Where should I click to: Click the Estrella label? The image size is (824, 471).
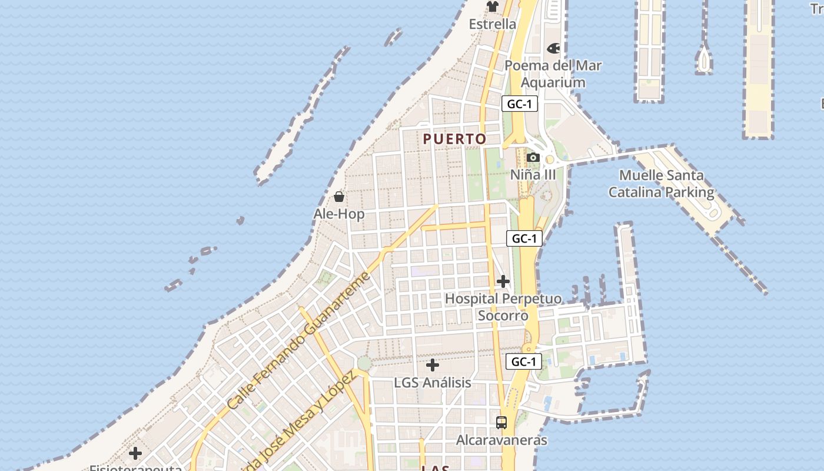pos(492,24)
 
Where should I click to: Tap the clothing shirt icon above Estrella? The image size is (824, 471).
pos(492,6)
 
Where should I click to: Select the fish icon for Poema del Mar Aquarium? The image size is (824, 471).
pos(553,48)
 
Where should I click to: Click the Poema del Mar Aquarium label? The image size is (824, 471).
pos(553,74)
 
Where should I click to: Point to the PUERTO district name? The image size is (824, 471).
pos(455,139)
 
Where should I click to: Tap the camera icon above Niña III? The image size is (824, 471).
pos(533,157)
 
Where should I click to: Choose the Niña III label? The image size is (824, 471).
pos(533,175)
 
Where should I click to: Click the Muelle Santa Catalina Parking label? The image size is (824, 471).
pos(661,184)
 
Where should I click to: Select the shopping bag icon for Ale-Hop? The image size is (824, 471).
pos(339,197)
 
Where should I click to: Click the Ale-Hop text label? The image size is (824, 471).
pos(339,214)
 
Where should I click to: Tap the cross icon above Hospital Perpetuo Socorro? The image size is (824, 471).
pos(503,281)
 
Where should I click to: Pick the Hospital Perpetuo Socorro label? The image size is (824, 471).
pos(503,307)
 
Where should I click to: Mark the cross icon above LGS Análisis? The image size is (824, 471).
pos(433,365)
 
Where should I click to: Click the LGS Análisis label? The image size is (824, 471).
pos(433,383)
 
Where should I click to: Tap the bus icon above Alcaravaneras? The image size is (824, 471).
pos(501,422)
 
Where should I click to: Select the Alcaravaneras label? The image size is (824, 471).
pos(501,440)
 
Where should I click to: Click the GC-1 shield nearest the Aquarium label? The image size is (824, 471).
pos(520,104)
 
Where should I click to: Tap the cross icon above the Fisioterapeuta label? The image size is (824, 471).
pos(135,453)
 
